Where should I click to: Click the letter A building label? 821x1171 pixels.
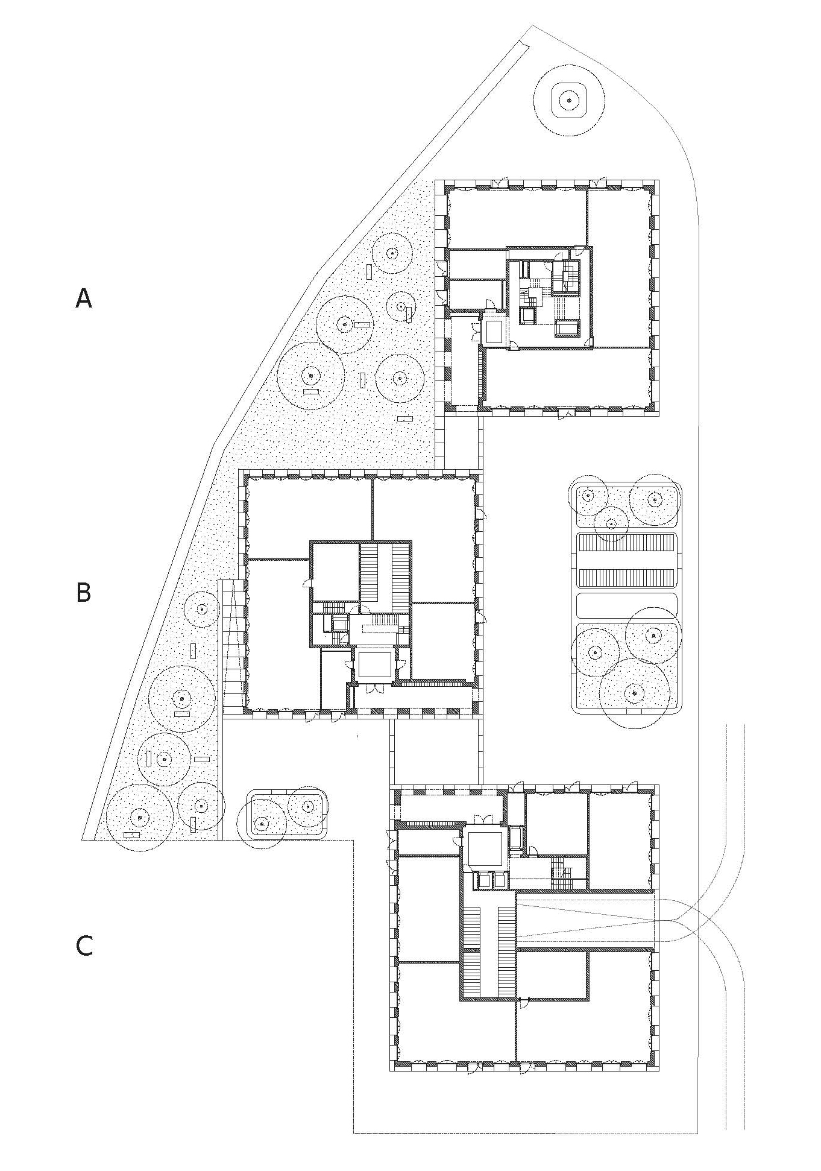[83, 298]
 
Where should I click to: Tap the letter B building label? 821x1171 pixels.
[83, 592]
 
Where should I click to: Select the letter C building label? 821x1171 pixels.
[84, 945]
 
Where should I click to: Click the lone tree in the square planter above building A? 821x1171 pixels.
[568, 99]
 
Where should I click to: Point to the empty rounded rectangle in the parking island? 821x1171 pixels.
[627, 605]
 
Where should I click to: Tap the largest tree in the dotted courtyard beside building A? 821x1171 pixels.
[310, 376]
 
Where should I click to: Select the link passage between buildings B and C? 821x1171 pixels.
[436, 751]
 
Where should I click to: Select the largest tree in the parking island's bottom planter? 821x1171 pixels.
[634, 693]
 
